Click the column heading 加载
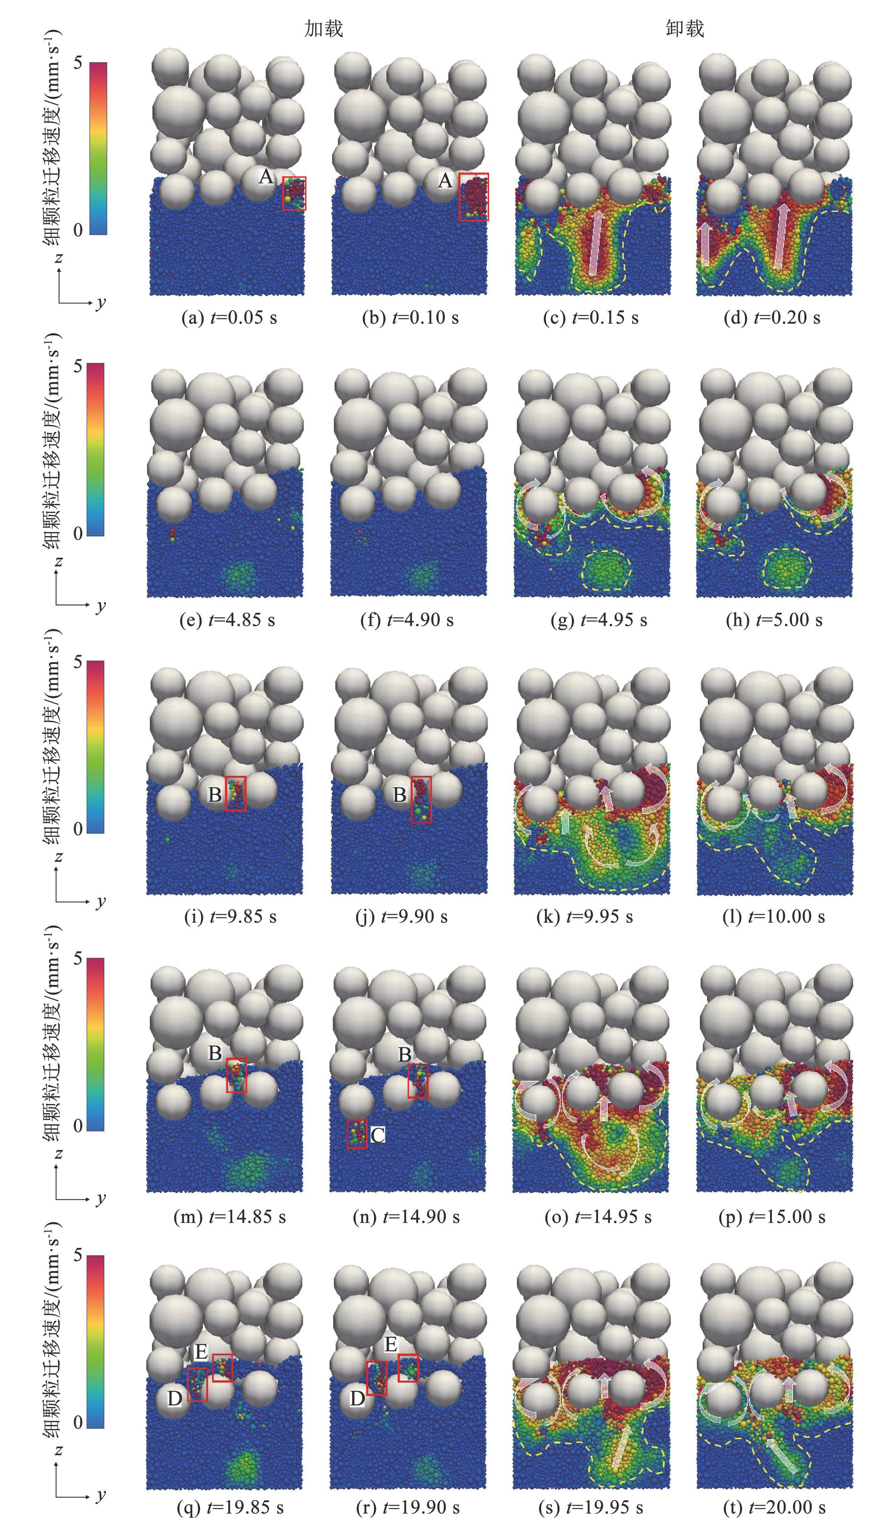coord(324,28)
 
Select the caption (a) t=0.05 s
coord(230,318)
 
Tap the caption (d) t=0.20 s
coord(773,318)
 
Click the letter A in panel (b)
coord(445,180)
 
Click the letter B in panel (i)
coord(214,794)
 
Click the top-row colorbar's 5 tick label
coord(77,63)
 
